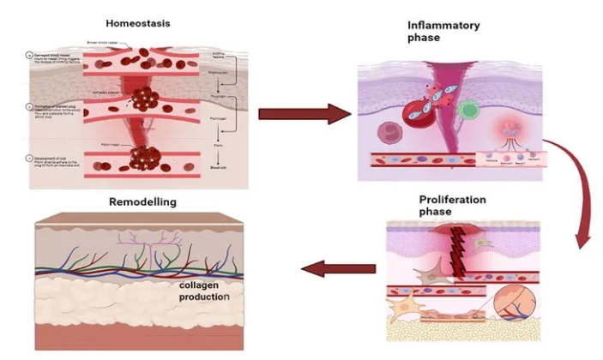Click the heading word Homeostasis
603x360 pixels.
click(x=138, y=22)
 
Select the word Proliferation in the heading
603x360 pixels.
click(x=453, y=199)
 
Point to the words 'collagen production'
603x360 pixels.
click(x=203, y=291)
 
